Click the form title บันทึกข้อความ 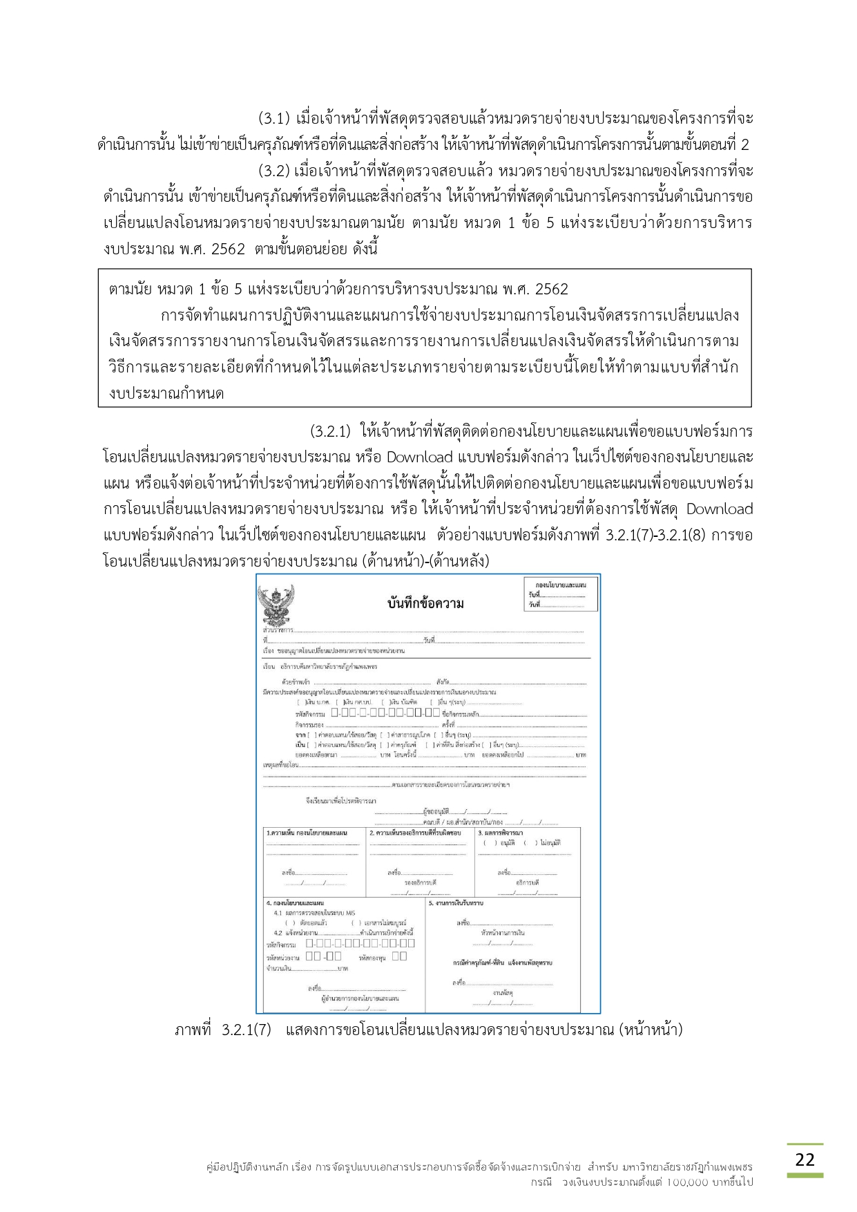(x=425, y=603)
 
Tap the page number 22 (x=805, y=1159)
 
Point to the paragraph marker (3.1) (x=273, y=118)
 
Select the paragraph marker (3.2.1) (x=330, y=431)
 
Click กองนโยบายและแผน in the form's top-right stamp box (x=560, y=585)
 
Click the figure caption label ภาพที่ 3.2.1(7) (x=222, y=1030)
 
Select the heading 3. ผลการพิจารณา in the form (x=501, y=833)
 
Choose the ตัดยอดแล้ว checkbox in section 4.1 (x=289, y=923)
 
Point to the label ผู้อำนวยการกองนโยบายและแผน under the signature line (x=360, y=998)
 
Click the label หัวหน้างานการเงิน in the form (x=502, y=933)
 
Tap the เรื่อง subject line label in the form (x=269, y=651)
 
